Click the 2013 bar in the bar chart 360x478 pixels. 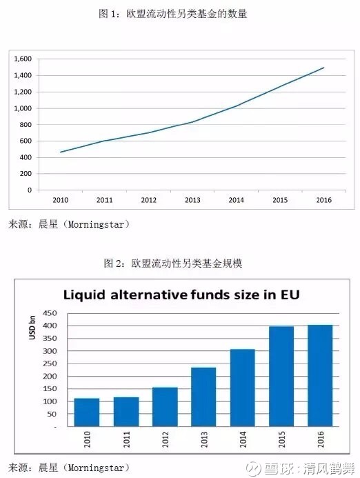pos(203,397)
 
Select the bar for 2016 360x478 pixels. pos(320,375)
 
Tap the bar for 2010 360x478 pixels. pos(87,412)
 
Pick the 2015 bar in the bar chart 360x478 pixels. pos(281,377)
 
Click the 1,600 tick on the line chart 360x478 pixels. pos(23,59)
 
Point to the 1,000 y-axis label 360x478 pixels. pos(23,108)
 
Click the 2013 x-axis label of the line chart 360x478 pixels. pos(192,200)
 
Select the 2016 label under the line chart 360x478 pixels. pos(323,200)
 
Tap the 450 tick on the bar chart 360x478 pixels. pos(50,313)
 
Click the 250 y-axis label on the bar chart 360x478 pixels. pos(50,364)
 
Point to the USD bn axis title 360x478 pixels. pos(32,328)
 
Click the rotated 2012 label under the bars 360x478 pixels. pos(166,439)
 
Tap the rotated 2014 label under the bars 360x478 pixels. pos(243,439)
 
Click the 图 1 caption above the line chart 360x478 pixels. pos(108,14)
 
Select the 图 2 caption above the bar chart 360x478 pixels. pos(113,263)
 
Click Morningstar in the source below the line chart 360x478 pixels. pos(96,225)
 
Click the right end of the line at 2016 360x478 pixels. pos(323,68)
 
